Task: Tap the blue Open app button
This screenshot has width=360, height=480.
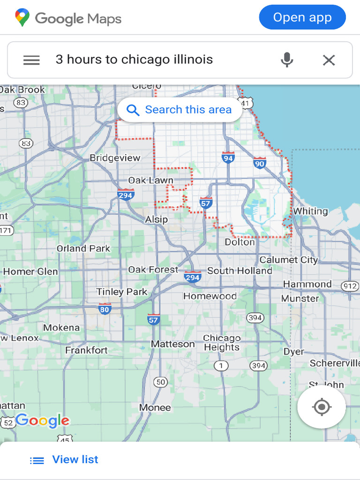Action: tap(302, 18)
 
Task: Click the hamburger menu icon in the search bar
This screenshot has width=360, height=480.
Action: tap(31, 60)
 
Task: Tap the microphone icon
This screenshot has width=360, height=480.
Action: tap(287, 60)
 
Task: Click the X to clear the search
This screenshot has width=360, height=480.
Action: tap(329, 60)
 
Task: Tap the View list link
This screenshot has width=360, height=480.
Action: tap(75, 459)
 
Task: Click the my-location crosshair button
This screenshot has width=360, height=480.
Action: tap(322, 407)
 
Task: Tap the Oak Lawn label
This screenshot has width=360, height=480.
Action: tap(150, 180)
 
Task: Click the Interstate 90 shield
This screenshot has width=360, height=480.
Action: tap(259, 163)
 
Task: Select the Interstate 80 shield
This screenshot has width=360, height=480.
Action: tap(105, 309)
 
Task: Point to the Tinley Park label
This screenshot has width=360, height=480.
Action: tap(121, 292)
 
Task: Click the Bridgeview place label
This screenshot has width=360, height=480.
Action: tap(115, 158)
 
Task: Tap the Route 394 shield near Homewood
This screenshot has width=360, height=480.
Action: tap(255, 318)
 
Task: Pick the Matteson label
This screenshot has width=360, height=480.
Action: tap(172, 344)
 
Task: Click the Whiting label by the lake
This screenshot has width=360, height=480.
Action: tap(310, 211)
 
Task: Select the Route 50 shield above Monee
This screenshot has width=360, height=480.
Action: tap(161, 382)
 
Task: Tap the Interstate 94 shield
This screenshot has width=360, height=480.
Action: tap(228, 157)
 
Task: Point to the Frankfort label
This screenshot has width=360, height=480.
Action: tap(86, 350)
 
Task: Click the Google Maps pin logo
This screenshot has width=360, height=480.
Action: tap(22, 18)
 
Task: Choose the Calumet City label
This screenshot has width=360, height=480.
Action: tap(288, 260)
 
